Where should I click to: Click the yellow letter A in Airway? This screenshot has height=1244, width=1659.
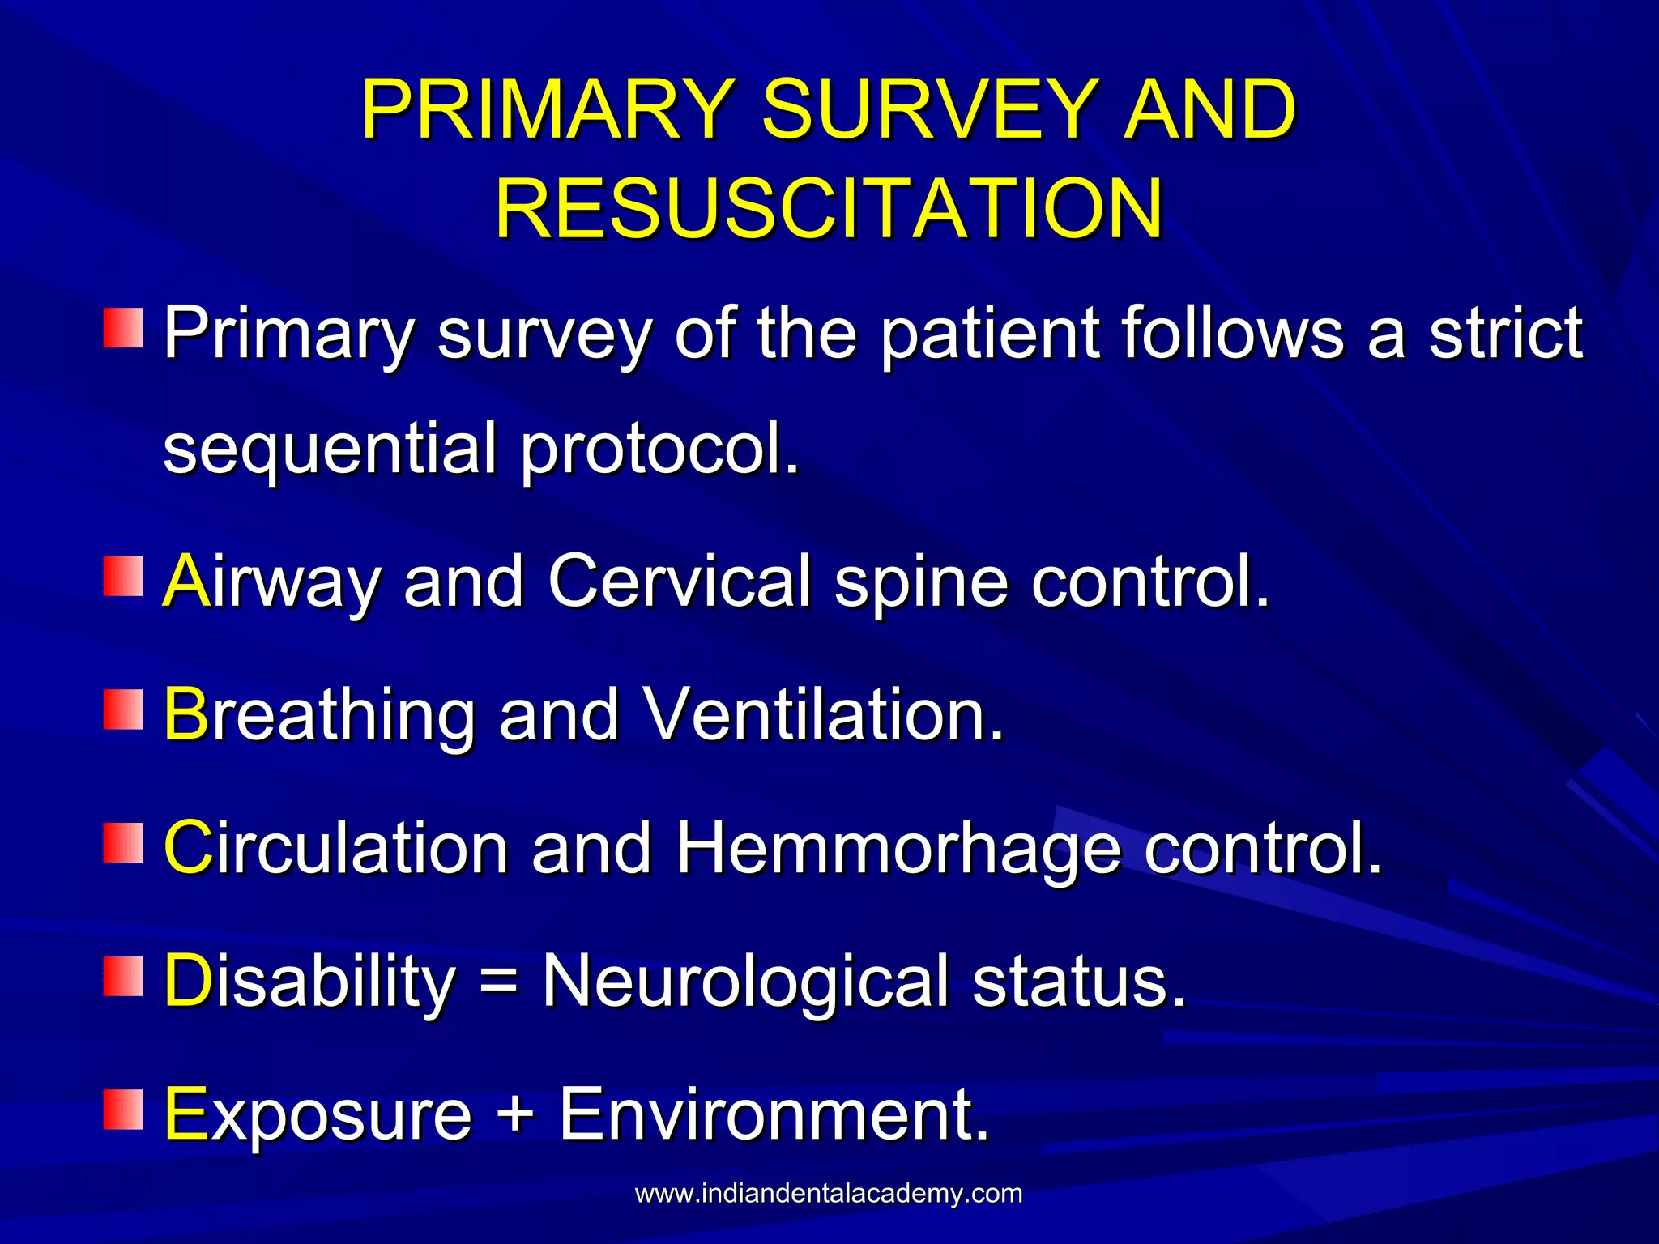point(187,581)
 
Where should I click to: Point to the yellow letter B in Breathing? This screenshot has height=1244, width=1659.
point(187,714)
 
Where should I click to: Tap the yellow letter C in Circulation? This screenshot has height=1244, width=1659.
point(188,848)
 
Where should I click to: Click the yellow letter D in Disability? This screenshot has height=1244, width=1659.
point(188,981)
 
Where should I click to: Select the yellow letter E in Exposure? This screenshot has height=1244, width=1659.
point(186,1114)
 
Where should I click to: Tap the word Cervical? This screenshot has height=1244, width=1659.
point(680,581)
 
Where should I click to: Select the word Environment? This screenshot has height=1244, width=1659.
point(774,1114)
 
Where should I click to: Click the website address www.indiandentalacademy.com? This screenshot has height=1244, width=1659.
point(829,1194)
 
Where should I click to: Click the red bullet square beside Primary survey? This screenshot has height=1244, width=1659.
point(123,327)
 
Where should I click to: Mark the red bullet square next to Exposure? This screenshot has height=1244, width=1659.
point(123,1109)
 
